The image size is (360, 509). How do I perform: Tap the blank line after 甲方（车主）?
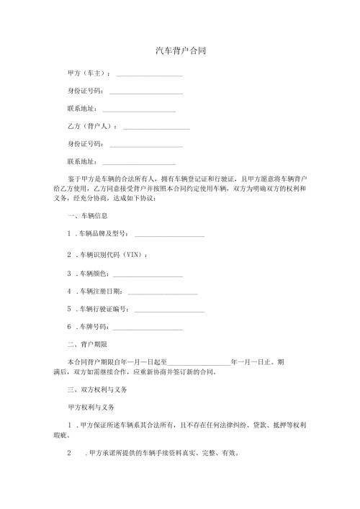(x=149, y=76)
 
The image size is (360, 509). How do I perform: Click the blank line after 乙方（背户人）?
(x=156, y=129)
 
